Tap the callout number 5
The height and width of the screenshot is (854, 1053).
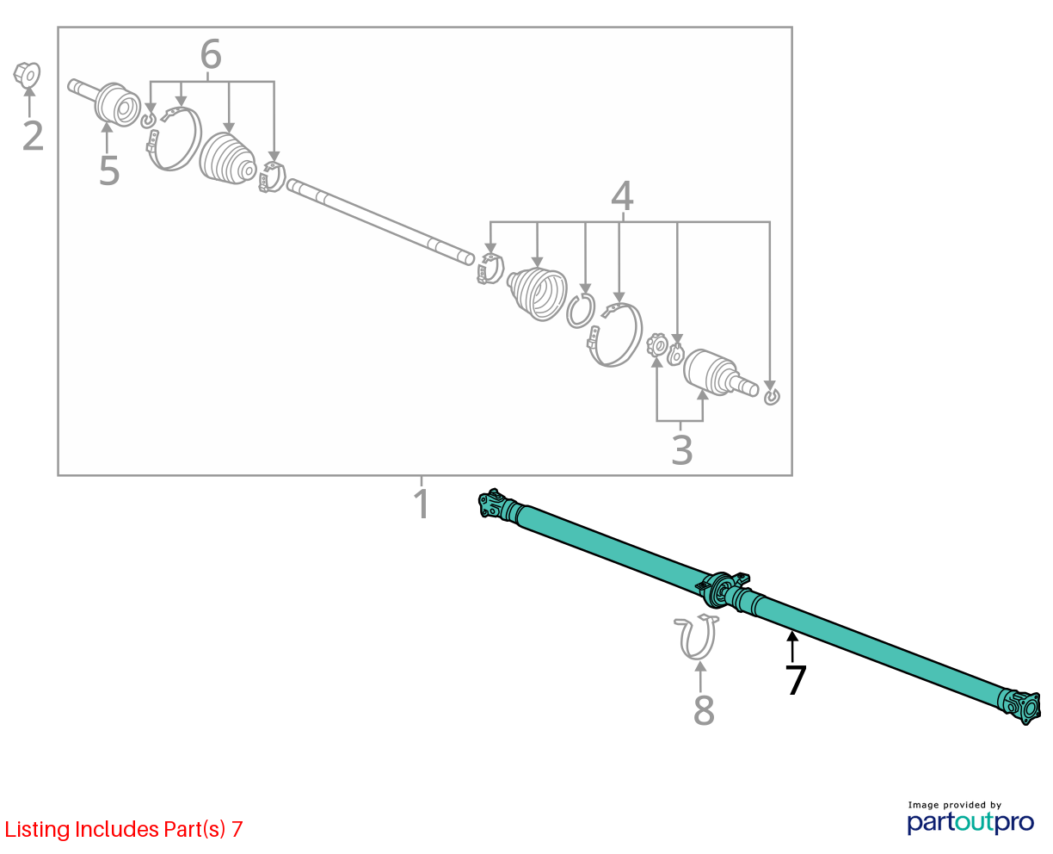click(x=109, y=170)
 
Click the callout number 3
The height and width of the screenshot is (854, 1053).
click(x=681, y=449)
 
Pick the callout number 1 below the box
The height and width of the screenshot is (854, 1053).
click(x=422, y=504)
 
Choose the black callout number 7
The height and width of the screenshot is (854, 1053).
click(x=796, y=680)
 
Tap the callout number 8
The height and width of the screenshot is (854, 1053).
click(x=704, y=710)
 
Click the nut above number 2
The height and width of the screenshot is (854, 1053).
click(x=28, y=75)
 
